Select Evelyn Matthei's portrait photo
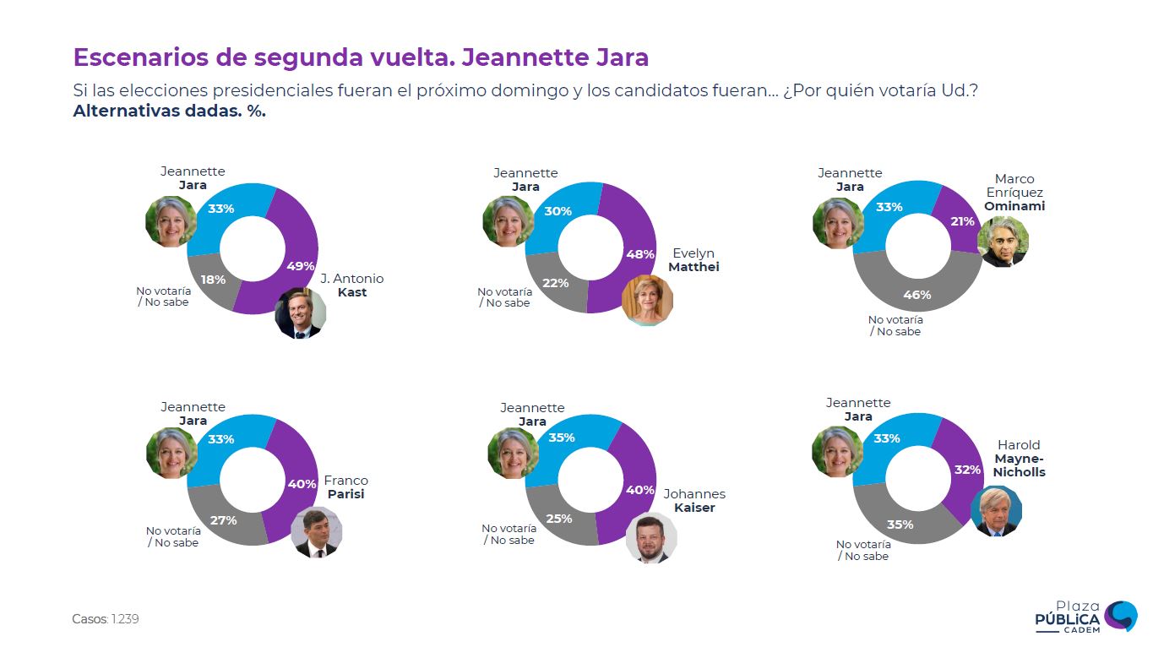pos(647,301)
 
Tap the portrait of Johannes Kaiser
pos(651,538)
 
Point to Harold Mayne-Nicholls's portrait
pos(996,512)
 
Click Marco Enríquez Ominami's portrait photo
pos(1003,242)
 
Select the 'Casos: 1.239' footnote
pos(106,619)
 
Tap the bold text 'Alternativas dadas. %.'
pos(170,111)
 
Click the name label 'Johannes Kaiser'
pos(694,501)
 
